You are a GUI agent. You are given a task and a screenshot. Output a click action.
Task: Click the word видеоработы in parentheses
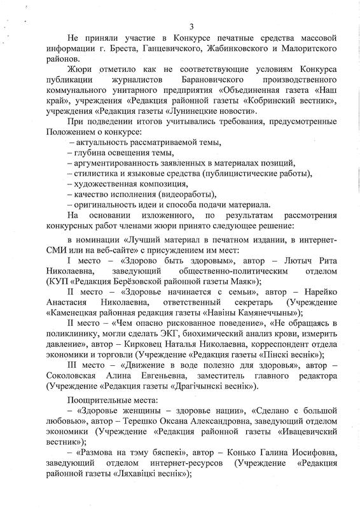tap(191, 194)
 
